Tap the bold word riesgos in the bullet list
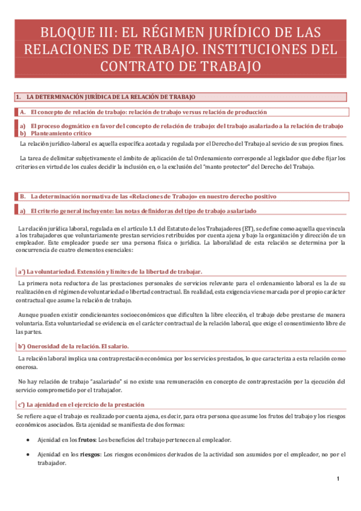tap(90, 454)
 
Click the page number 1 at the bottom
tap(339, 478)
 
